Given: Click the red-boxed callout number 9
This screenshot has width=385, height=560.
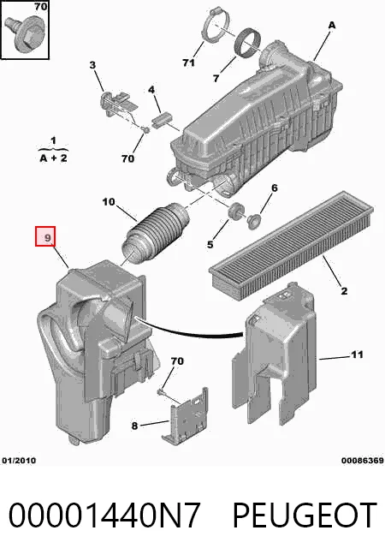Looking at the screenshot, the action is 45,236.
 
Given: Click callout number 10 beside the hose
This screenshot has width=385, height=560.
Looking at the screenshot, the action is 109,202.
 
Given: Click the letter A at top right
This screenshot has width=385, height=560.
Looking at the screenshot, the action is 332,25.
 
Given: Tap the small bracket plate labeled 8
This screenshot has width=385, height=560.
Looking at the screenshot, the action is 186,417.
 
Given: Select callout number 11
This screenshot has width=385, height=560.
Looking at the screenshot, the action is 357,354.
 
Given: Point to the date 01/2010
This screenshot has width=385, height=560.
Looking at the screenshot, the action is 20,461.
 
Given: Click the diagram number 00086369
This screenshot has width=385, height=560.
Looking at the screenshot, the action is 362,461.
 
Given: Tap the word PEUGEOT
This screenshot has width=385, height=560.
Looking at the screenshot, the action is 305,515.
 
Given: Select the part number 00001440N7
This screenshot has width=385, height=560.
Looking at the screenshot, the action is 104,515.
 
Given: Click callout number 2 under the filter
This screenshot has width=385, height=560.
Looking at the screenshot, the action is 344,291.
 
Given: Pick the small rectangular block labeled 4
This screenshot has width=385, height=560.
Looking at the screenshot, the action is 162,119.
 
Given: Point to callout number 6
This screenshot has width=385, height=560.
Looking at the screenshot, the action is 275,188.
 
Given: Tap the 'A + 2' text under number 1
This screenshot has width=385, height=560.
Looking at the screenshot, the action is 53,158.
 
